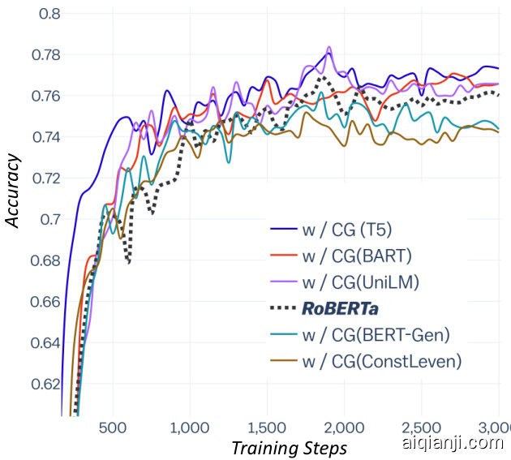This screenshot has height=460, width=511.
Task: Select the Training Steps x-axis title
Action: coord(289,447)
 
